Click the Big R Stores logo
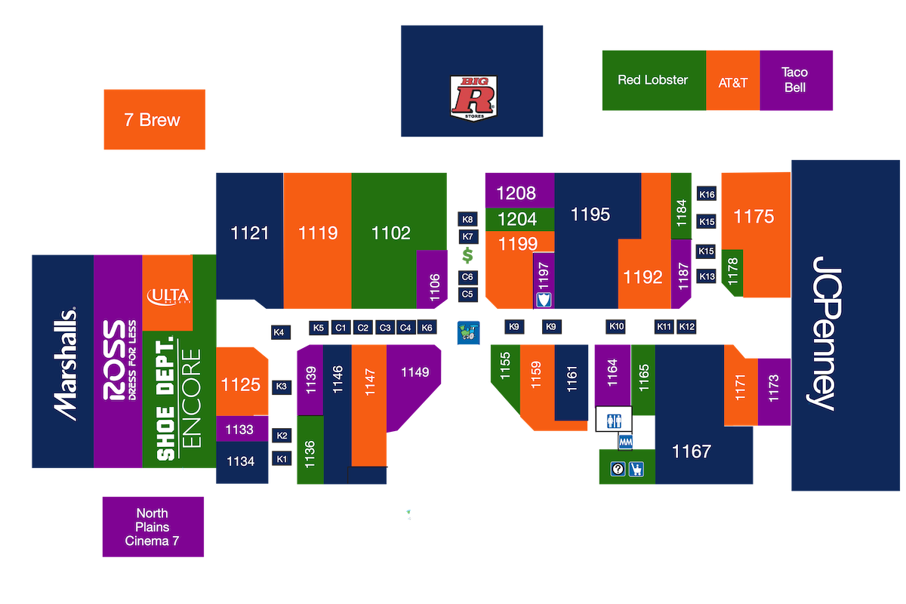(472, 97)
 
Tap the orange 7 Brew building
(154, 119)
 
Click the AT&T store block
(732, 82)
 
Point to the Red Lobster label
(652, 80)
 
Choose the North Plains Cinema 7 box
(153, 527)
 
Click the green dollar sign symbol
(467, 257)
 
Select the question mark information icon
(618, 470)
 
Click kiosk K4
(279, 332)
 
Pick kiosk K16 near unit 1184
(707, 195)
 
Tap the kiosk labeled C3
(385, 328)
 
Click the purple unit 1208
(518, 193)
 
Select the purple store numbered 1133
(241, 430)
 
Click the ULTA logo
(168, 295)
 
